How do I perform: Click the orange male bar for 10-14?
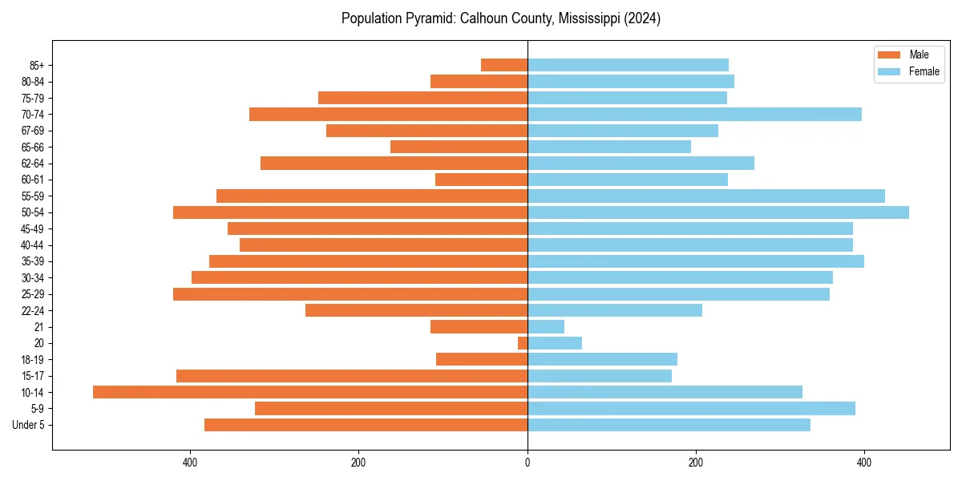310,392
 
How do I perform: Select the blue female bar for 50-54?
718,212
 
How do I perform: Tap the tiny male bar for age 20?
523,343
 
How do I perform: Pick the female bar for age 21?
546,326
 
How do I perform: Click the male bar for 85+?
504,65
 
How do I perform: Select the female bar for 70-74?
694,114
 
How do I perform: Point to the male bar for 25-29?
350,294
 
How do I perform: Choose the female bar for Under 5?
669,425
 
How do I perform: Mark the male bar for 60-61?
481,180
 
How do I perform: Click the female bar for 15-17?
600,376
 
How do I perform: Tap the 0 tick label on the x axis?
527,463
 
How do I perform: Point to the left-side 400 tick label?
190,463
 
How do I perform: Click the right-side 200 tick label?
696,463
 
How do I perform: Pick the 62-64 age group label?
33,164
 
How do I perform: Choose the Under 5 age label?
28,425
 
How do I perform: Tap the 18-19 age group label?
33,359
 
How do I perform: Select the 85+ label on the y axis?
37,65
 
